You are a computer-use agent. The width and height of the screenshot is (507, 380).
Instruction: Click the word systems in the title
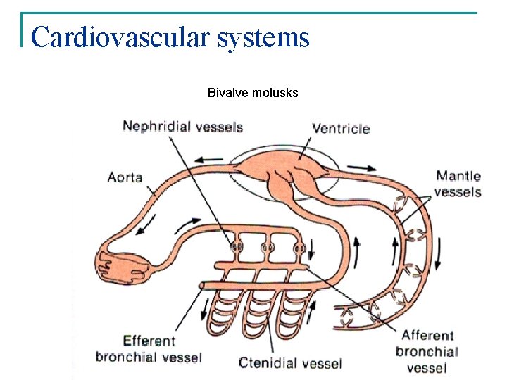(264, 37)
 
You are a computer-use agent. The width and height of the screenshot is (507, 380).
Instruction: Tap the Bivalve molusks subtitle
(253, 92)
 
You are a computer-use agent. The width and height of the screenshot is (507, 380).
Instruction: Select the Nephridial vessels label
(182, 127)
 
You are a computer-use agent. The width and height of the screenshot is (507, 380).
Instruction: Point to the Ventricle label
(341, 128)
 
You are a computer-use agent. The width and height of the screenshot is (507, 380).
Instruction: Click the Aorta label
(125, 177)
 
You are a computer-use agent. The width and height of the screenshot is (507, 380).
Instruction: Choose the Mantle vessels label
(458, 184)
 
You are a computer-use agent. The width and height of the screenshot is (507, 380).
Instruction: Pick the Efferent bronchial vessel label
(149, 349)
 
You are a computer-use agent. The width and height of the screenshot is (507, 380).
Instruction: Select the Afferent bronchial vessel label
(427, 351)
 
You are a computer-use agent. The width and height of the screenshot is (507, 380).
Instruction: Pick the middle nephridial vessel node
(267, 248)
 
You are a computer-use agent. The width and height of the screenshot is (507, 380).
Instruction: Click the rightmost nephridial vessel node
(299, 248)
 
